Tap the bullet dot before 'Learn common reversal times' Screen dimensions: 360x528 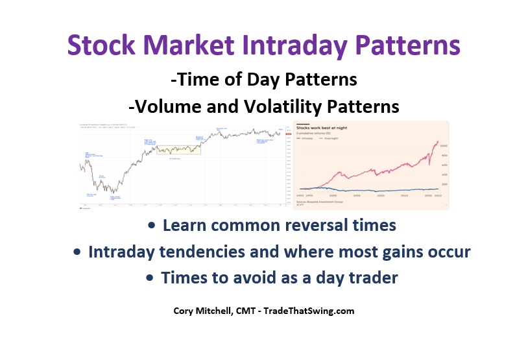[x=151, y=226]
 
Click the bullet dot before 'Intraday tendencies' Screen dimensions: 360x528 [x=77, y=252]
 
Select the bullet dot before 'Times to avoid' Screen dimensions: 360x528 [x=150, y=277]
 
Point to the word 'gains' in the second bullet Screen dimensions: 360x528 [x=381, y=251]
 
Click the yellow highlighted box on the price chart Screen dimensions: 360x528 [x=178, y=149]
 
